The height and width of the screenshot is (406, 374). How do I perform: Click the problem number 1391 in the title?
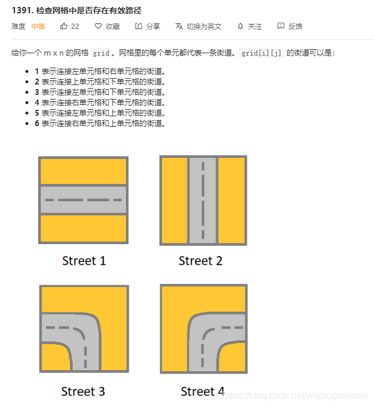pyautogui.click(x=23, y=10)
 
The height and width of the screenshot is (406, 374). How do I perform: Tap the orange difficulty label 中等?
pyautogui.click(x=38, y=26)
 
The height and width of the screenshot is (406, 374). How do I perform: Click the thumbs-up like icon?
pyautogui.click(x=64, y=26)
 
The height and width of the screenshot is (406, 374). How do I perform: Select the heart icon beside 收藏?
pyautogui.click(x=98, y=26)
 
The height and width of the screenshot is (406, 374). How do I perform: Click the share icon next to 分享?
pyautogui.click(x=139, y=26)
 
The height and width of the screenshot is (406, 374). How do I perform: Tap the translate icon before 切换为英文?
pyautogui.click(x=179, y=26)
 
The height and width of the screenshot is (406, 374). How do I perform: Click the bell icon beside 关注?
pyautogui.click(x=240, y=26)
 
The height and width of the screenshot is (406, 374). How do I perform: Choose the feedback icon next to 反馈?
pyautogui.click(x=280, y=26)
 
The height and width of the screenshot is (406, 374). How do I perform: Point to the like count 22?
pyautogui.click(x=75, y=26)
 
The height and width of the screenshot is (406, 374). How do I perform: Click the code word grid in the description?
pyautogui.click(x=101, y=53)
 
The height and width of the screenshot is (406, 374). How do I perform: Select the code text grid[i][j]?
pyautogui.click(x=261, y=53)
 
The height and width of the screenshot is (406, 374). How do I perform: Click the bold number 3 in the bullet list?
pyautogui.click(x=37, y=92)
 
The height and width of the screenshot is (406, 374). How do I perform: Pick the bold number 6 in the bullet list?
pyautogui.click(x=37, y=123)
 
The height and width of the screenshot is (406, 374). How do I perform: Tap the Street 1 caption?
pyautogui.click(x=84, y=261)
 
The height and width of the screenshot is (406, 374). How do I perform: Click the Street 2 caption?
pyautogui.click(x=201, y=261)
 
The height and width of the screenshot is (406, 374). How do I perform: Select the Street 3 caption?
pyautogui.click(x=83, y=391)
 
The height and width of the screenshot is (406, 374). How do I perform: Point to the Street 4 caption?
pyautogui.click(x=203, y=391)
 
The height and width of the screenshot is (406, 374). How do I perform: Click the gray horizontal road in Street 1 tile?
pyautogui.click(x=83, y=200)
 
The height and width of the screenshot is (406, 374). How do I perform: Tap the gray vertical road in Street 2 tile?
pyautogui.click(x=203, y=200)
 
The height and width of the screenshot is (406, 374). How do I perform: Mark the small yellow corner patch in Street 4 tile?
pyautogui.click(x=232, y=357)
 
